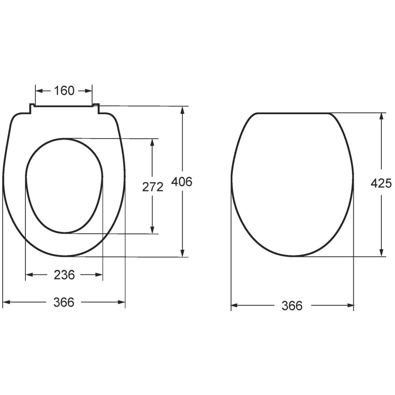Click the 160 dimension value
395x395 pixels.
(x=64, y=91)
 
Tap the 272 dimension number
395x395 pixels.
(x=153, y=187)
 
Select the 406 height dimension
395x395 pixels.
(x=182, y=182)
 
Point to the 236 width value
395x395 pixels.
(x=64, y=275)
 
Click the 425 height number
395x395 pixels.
(x=381, y=183)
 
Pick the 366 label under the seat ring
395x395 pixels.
(x=64, y=302)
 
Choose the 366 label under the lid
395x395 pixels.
(x=292, y=306)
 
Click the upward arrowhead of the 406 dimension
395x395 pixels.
(x=183, y=110)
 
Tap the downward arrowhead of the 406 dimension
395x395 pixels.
(x=183, y=253)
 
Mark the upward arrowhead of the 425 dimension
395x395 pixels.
(x=381, y=116)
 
